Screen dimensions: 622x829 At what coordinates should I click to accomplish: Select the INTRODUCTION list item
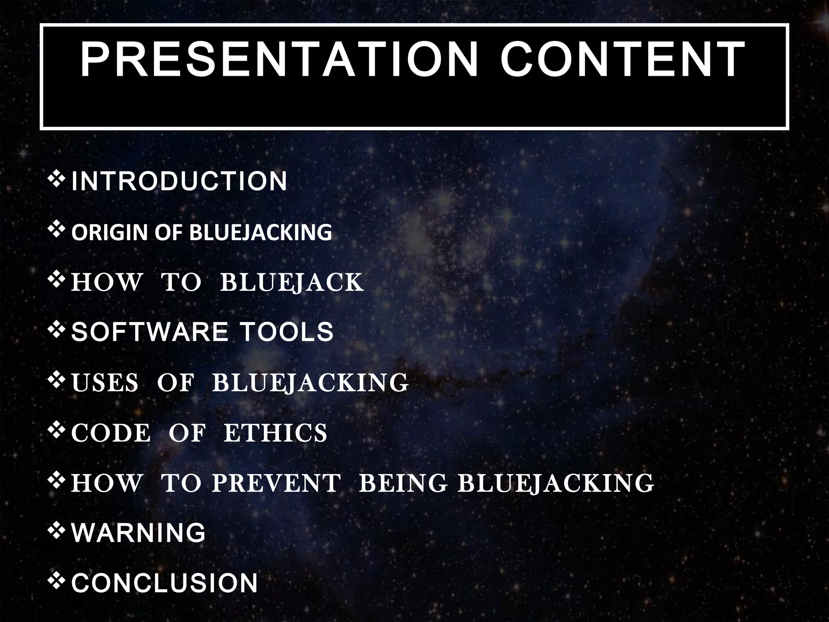pyautogui.click(x=179, y=181)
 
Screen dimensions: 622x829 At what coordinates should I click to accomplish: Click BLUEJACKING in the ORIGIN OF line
pyautogui.click(x=261, y=232)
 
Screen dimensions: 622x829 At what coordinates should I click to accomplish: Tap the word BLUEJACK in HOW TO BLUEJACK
pyautogui.click(x=291, y=282)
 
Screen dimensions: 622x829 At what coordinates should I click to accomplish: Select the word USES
pyautogui.click(x=105, y=382)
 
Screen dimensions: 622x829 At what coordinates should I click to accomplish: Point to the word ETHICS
pyautogui.click(x=275, y=432)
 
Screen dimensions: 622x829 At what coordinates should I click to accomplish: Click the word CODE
pyautogui.click(x=111, y=432)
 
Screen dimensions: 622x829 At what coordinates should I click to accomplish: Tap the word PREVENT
pyautogui.click(x=276, y=483)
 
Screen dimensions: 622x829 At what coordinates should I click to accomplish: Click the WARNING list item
pyautogui.click(x=138, y=533)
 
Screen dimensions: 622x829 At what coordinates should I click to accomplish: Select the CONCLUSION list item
pyautogui.click(x=164, y=583)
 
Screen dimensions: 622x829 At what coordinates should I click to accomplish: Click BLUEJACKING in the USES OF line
pyautogui.click(x=310, y=382)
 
